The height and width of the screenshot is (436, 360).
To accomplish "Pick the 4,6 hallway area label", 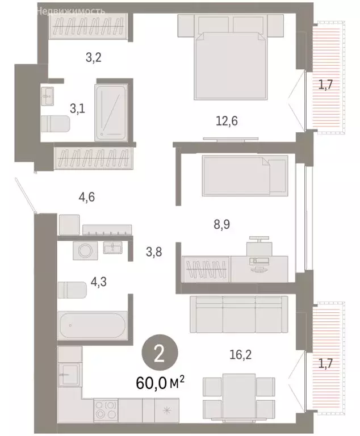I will pyautogui.click(x=86, y=198).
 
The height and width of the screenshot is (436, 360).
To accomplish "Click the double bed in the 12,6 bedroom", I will pyautogui.click(x=231, y=59).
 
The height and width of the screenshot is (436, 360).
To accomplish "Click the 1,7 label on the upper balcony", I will pyautogui.click(x=325, y=86).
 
